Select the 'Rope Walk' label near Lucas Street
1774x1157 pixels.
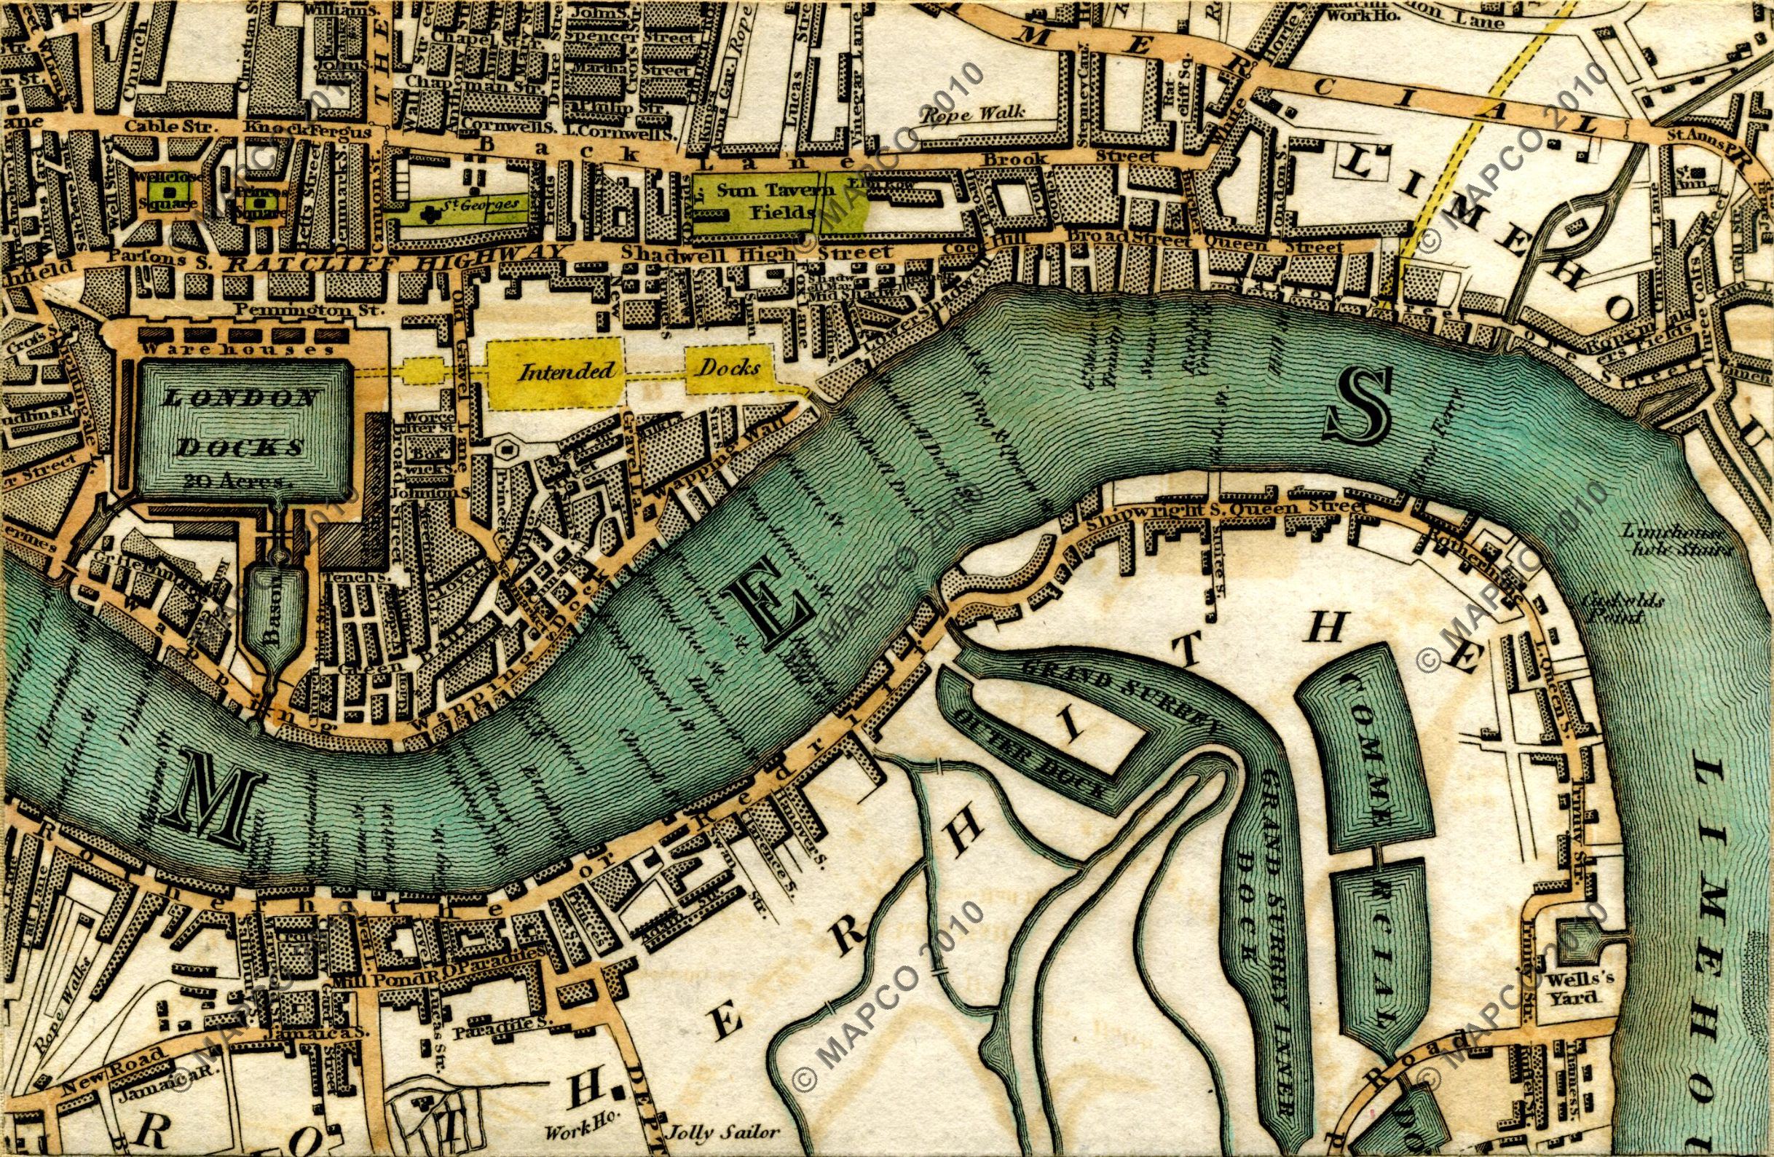[973, 114]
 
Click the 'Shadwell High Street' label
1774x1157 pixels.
[757, 253]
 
